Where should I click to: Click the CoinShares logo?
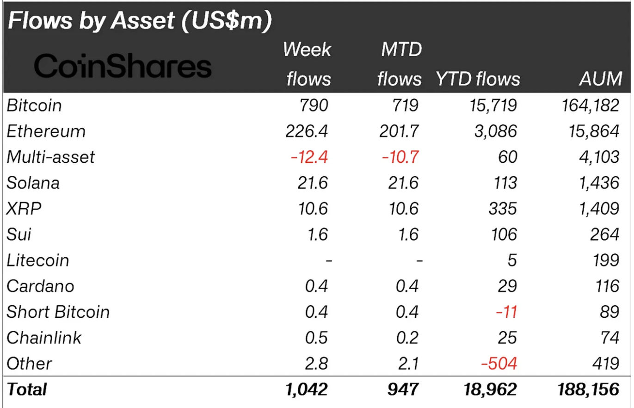(123, 67)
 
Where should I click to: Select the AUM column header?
(600, 79)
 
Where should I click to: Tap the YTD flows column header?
(477, 79)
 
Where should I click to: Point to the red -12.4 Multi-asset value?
(309, 157)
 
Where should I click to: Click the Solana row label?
(33, 183)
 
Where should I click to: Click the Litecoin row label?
(38, 260)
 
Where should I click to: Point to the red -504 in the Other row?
(499, 364)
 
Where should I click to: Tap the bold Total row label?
(27, 389)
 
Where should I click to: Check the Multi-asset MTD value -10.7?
(400, 157)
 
